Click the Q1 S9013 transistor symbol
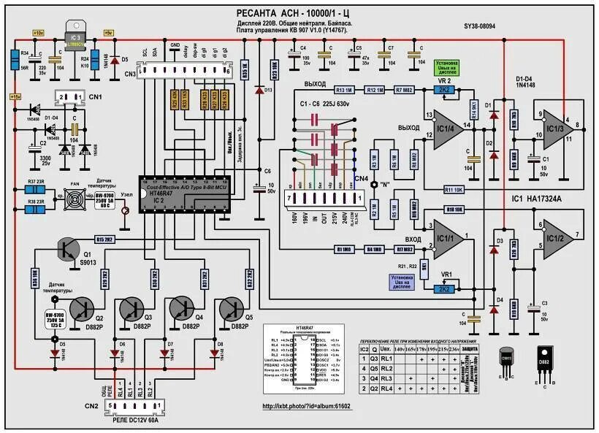click(x=68, y=250)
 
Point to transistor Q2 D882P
click(x=90, y=308)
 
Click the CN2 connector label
click(x=91, y=405)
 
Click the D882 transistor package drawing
click(x=544, y=361)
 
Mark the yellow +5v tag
click(x=108, y=33)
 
